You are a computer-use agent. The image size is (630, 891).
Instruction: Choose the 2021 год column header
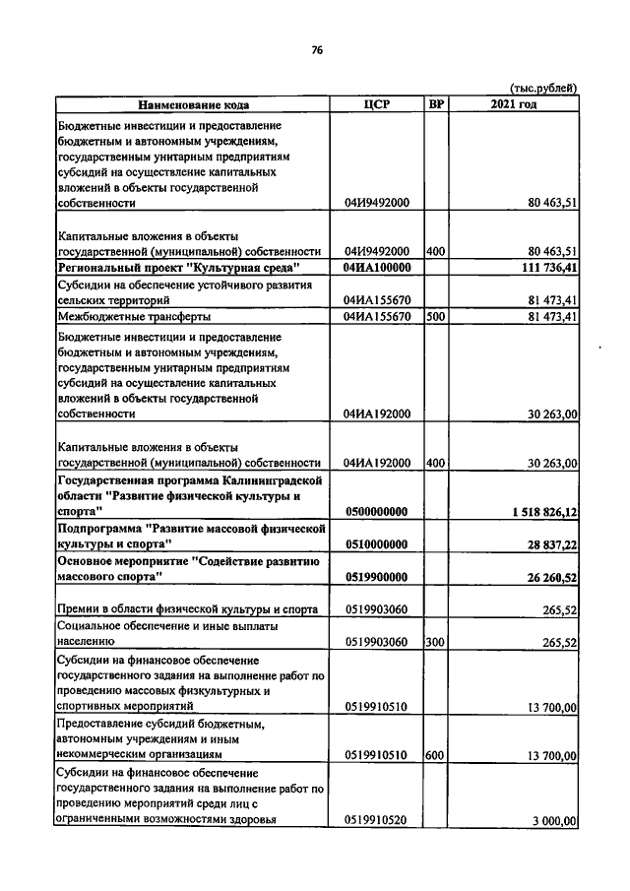click(513, 104)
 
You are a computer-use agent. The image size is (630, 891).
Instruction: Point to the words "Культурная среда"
click(245, 268)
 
